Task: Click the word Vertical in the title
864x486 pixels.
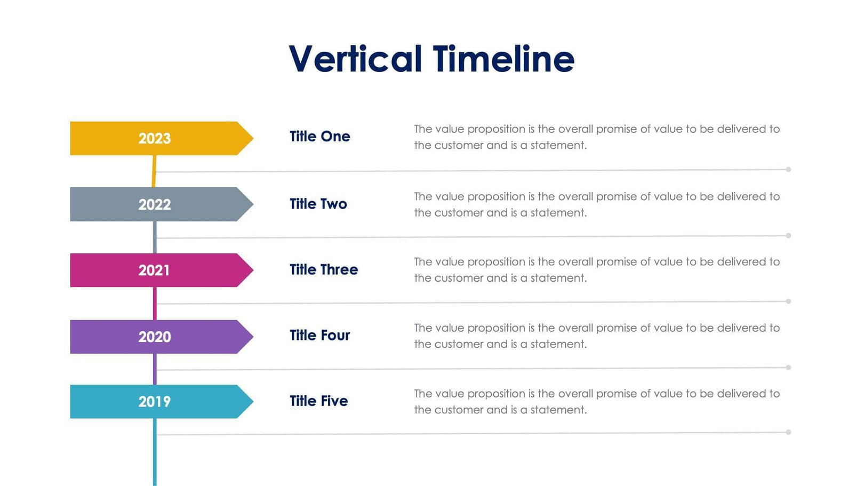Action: click(355, 59)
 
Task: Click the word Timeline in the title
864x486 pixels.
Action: click(503, 59)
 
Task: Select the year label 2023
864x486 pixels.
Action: click(155, 139)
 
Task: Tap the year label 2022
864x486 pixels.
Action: click(155, 204)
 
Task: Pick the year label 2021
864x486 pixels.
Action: click(154, 270)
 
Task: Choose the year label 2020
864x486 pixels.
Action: click(155, 337)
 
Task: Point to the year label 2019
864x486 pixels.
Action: click(155, 402)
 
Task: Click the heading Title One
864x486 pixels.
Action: click(319, 137)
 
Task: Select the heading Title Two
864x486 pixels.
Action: click(318, 204)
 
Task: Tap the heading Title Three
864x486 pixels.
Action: click(323, 269)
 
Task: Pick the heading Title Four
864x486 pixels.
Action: click(319, 336)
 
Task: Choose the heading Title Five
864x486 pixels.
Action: click(318, 401)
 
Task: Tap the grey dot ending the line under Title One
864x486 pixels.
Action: click(788, 170)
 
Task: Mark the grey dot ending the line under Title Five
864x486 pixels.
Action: click(788, 432)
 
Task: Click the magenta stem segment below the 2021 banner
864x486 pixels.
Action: click(155, 303)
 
